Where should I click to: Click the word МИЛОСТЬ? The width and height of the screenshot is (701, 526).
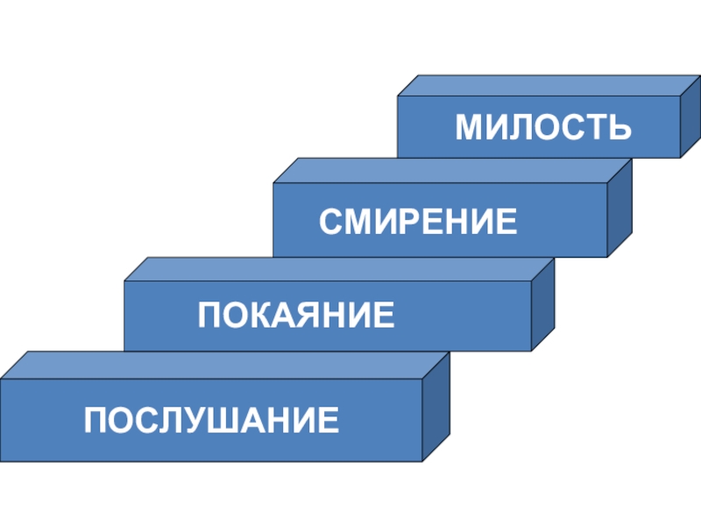coord(543,128)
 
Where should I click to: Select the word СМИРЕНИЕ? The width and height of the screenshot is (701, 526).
coord(418,221)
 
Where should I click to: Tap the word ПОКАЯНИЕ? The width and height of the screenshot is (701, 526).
coord(296,315)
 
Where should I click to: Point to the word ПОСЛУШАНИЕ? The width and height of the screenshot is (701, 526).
coord(211,421)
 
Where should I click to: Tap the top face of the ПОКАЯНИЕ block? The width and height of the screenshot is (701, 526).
coord(338,269)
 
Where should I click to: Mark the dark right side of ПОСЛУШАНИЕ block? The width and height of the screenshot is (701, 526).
coord(435,408)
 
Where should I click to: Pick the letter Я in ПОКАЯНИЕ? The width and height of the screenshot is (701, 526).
coord(297,315)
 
